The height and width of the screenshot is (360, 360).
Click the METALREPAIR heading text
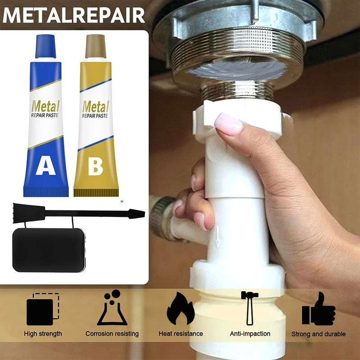74,15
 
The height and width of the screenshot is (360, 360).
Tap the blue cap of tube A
45,46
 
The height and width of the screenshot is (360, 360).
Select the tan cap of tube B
96,46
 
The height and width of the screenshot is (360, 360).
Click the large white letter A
46,165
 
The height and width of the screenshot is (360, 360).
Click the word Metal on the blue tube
45,106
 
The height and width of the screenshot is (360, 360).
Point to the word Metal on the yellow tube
95,107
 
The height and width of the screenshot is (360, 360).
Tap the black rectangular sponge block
49,250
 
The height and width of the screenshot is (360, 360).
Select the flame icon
181,308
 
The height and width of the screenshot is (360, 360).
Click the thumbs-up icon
319,309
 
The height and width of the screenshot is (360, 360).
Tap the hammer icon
250,308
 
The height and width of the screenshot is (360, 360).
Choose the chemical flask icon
112,308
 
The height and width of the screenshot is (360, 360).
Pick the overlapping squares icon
43,309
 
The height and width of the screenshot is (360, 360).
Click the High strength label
43,334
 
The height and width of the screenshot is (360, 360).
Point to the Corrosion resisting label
112,334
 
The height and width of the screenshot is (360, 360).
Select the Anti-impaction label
250,333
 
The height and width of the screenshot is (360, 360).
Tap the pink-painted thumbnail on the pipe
228,124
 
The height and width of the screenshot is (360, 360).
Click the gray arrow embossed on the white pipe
217,237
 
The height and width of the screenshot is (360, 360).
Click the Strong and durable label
319,334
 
